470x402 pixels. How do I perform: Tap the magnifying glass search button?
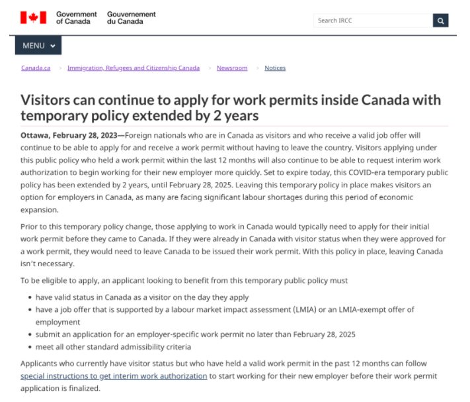(441, 21)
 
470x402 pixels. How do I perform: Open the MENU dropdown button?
(38, 46)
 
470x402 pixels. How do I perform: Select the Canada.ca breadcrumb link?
(36, 68)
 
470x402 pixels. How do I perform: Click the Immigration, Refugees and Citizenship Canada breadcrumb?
(134, 68)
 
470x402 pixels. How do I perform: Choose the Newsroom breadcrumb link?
(232, 68)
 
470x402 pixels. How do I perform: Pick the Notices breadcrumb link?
(275, 68)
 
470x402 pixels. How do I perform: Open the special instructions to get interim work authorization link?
(114, 376)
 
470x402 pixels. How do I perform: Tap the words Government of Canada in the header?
(76, 18)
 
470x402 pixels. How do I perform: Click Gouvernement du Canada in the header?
(132, 18)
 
